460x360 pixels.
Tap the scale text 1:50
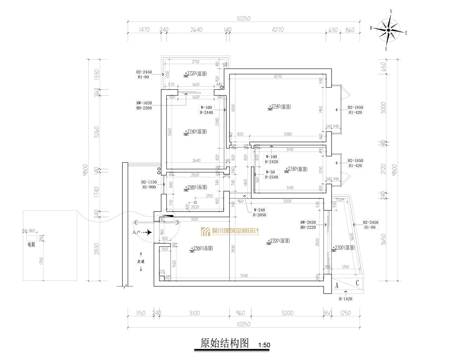point(264,345)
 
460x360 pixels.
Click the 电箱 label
point(31,244)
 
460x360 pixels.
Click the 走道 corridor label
point(141,261)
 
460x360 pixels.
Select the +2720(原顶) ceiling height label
point(196,74)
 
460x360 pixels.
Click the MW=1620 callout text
point(144,102)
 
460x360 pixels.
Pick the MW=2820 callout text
point(308,222)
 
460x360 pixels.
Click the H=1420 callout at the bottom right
point(346,298)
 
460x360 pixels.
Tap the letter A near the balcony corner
point(337,286)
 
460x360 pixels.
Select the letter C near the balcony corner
point(357,283)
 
